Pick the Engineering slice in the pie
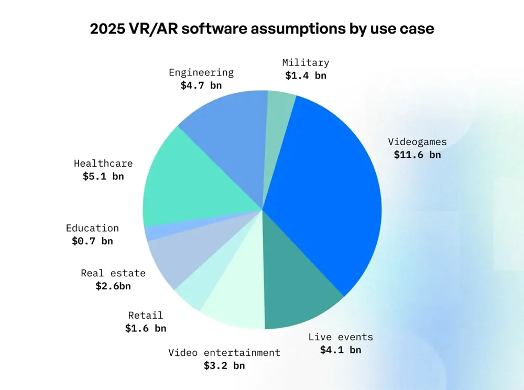[231, 136]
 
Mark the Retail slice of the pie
[196, 294]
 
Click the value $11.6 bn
[417, 155]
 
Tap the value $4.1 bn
[341, 350]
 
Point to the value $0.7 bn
[92, 241]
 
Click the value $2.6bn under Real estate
[113, 286]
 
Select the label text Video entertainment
[224, 352]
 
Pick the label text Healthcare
[103, 164]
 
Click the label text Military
[305, 62]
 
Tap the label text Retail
[145, 315]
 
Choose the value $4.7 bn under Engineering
[201, 85]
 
